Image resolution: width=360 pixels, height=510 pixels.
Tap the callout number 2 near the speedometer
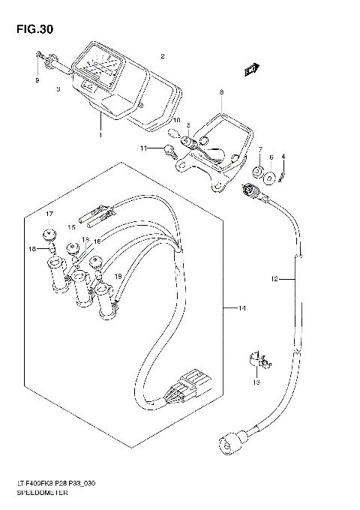point(163,57)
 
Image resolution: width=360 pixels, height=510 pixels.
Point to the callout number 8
point(221,93)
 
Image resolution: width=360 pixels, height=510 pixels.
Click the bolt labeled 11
point(171,153)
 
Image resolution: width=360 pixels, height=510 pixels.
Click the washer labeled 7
point(257,175)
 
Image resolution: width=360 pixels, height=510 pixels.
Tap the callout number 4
point(283,156)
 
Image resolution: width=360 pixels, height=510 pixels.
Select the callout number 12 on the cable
point(274,279)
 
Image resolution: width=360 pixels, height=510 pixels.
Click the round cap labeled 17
point(50,232)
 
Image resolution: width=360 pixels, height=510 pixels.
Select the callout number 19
point(117,277)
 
